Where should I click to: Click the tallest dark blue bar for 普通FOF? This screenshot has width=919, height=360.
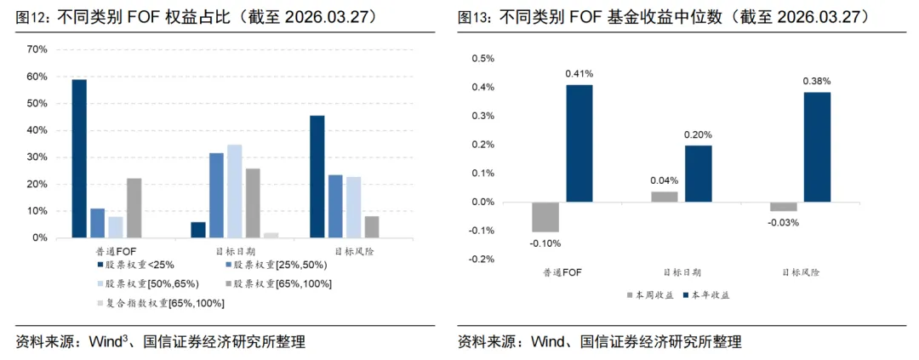click(x=79, y=158)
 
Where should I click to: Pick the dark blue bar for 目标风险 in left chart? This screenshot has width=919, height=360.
click(x=317, y=176)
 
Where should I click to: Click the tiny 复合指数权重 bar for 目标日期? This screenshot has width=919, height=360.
click(x=271, y=235)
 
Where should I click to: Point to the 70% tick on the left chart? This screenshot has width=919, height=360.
click(x=37, y=49)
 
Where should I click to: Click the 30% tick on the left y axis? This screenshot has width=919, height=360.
click(x=37, y=157)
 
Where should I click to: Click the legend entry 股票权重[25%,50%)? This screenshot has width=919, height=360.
click(x=272, y=265)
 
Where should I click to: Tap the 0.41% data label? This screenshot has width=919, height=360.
click(x=579, y=74)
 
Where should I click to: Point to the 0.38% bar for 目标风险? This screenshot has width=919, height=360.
click(x=817, y=147)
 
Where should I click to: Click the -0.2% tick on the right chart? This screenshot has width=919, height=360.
click(x=482, y=259)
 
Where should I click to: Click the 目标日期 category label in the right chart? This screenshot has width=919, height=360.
click(x=682, y=272)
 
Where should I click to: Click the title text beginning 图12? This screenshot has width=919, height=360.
click(x=196, y=16)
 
